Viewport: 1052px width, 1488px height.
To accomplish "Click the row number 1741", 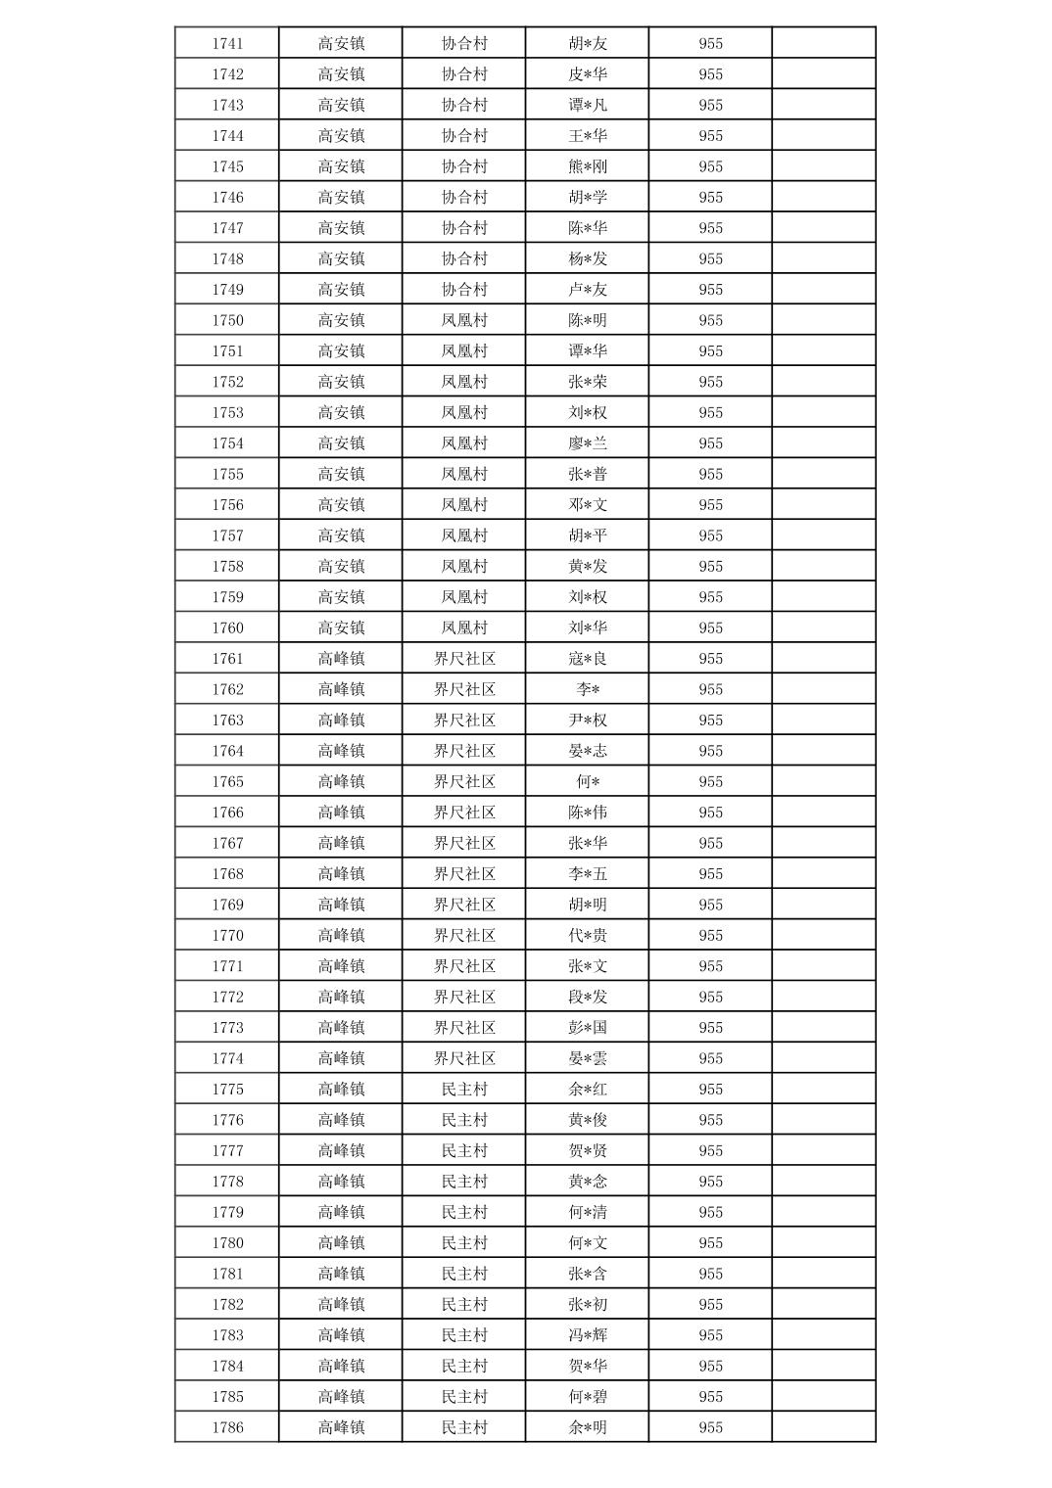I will (x=227, y=43).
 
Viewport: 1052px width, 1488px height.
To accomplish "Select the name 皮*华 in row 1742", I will (x=587, y=74).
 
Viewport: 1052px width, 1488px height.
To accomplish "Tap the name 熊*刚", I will (x=587, y=166).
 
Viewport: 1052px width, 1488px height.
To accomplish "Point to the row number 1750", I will (x=227, y=320).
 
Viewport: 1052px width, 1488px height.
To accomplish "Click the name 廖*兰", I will (x=587, y=443).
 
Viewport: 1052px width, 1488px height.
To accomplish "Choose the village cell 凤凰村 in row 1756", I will (x=463, y=505).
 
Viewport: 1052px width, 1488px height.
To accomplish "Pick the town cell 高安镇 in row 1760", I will (x=340, y=628).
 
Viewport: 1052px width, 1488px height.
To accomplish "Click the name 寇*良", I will (x=587, y=659).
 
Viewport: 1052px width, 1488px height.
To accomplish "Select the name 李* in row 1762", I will (x=587, y=689).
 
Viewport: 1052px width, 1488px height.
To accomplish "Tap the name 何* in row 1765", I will (x=587, y=781).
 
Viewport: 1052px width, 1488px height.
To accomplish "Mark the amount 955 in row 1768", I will (x=710, y=874).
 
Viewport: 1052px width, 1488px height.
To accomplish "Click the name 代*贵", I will (x=587, y=935).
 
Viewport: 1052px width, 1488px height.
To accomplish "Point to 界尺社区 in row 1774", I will (x=463, y=1058).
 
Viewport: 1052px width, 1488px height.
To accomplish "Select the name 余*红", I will (x=587, y=1089).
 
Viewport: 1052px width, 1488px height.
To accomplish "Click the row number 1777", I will (x=227, y=1150).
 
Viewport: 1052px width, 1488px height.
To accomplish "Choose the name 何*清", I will (x=587, y=1212).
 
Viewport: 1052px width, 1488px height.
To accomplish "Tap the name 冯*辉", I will (x=587, y=1335).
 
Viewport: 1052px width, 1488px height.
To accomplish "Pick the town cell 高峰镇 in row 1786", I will (x=340, y=1427).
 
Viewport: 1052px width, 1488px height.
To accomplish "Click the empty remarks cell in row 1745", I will (x=823, y=166).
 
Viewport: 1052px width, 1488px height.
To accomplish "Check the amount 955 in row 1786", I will (x=710, y=1427).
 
